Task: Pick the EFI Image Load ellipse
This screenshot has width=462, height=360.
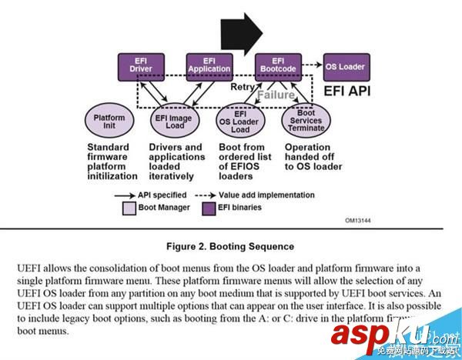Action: (174, 122)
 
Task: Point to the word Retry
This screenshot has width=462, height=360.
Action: (243, 88)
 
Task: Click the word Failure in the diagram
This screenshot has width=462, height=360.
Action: (273, 95)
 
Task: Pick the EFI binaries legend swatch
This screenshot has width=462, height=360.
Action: (208, 208)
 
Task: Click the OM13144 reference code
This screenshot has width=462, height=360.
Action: (357, 219)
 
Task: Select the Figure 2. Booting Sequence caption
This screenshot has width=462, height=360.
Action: (230, 247)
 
